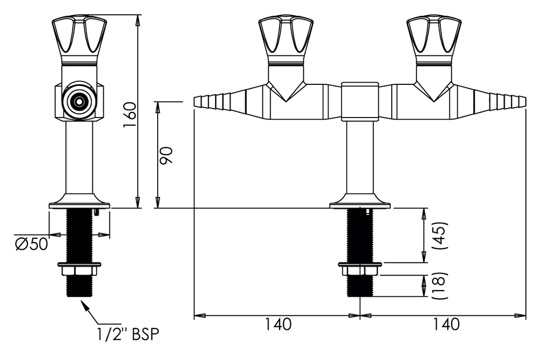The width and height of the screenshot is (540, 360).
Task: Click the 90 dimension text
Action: [167, 156]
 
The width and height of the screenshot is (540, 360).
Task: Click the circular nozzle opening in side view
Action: [79, 100]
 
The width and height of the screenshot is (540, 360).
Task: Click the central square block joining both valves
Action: [360, 100]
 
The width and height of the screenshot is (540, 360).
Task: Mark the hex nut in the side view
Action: [79, 271]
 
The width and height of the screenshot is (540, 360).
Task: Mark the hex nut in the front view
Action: [360, 271]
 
